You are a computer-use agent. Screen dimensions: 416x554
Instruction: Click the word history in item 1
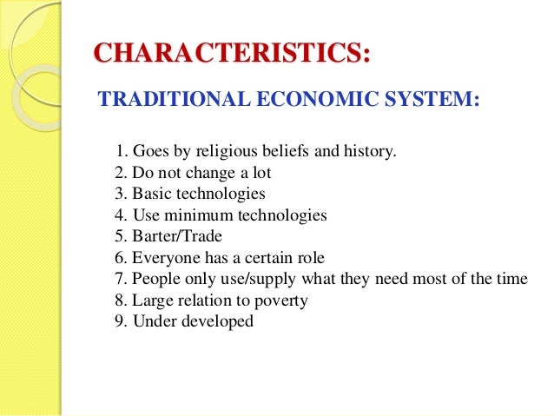click(371, 152)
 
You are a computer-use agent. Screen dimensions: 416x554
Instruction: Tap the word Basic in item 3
click(150, 194)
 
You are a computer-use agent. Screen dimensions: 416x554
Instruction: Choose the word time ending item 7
click(509, 279)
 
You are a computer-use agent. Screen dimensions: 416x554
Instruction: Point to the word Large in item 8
click(151, 300)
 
